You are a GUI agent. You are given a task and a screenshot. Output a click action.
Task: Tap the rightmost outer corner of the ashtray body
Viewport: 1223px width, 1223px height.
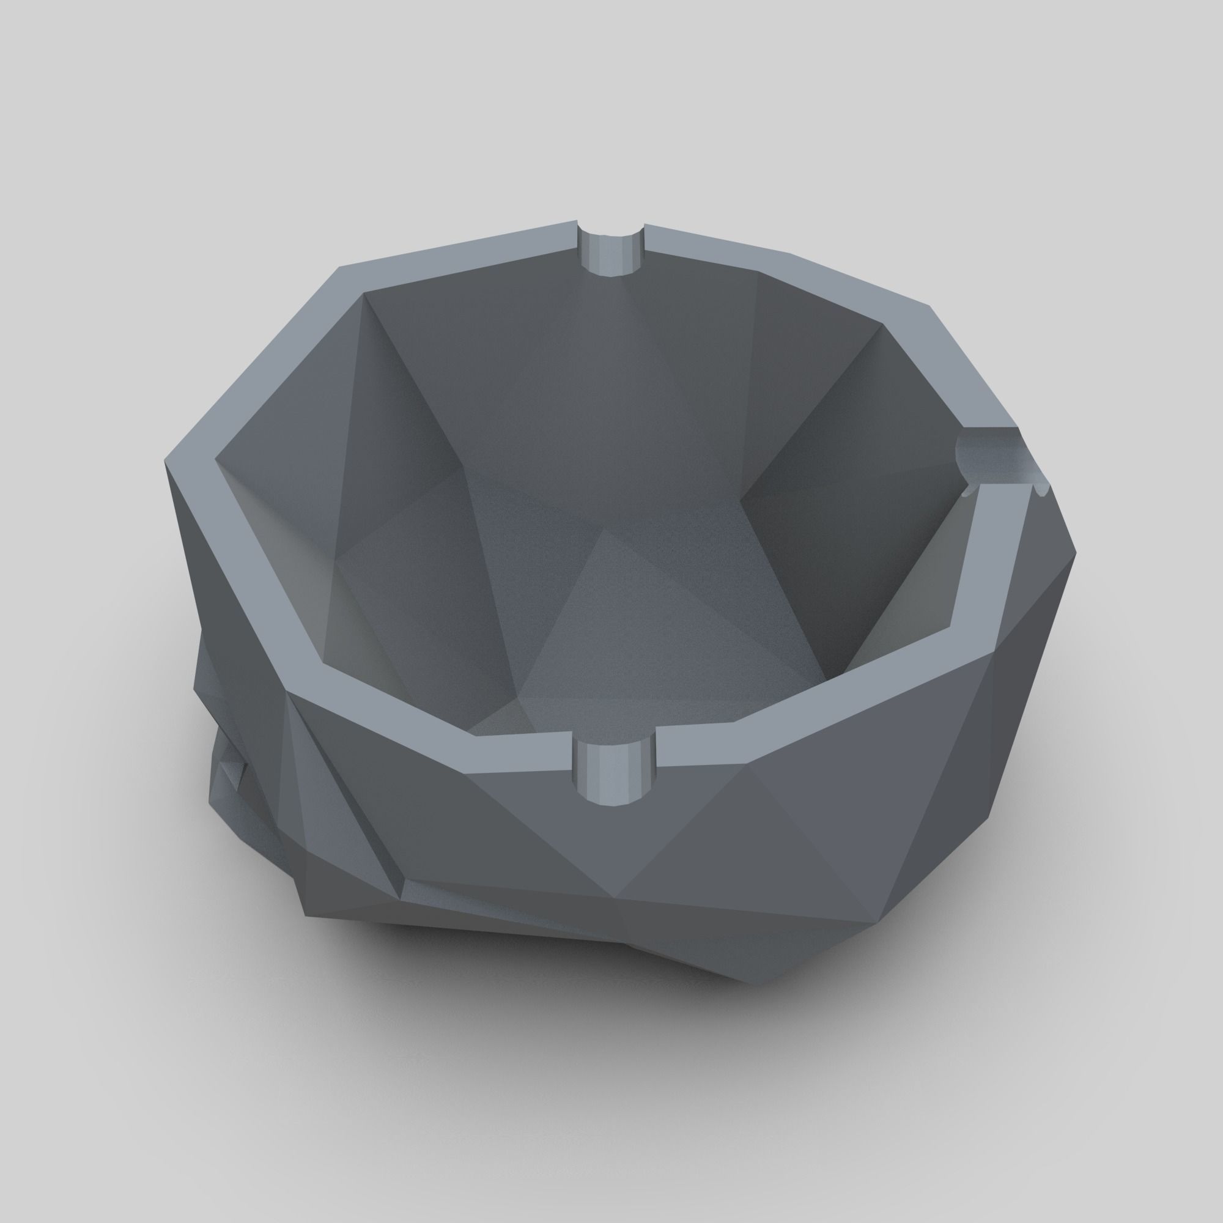[1076, 555]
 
